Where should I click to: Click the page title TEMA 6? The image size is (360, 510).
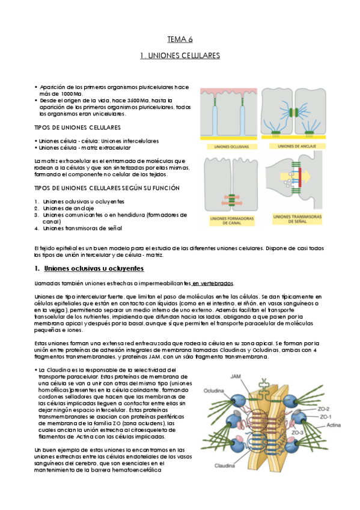pyautogui.click(x=180, y=39)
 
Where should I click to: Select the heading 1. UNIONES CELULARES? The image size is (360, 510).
pyautogui.click(x=180, y=55)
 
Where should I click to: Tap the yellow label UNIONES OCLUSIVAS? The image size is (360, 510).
pyautogui.click(x=231, y=147)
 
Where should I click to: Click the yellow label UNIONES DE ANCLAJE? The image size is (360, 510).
pyautogui.click(x=297, y=146)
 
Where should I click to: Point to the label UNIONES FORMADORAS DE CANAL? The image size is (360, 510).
pyautogui.click(x=231, y=221)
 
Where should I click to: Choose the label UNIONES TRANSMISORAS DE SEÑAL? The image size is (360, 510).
pyautogui.click(x=297, y=219)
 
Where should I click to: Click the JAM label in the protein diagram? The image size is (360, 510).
pyautogui.click(x=236, y=376)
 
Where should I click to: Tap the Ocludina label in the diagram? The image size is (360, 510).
pyautogui.click(x=213, y=391)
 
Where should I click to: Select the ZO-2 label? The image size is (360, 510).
pyautogui.click(x=323, y=409)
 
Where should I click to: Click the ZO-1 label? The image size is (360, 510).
pyautogui.click(x=326, y=417)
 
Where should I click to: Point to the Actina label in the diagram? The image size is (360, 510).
pyautogui.click(x=334, y=425)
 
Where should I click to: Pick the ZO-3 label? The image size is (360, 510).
pyautogui.click(x=297, y=432)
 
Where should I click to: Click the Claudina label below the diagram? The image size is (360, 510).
pyautogui.click(x=225, y=465)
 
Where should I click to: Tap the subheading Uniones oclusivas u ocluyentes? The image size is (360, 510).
pyautogui.click(x=94, y=268)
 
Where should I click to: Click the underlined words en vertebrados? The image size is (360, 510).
pyautogui.click(x=213, y=283)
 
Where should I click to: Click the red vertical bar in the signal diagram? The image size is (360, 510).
pyautogui.click(x=300, y=177)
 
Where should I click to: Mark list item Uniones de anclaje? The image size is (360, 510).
pyautogui.click(x=69, y=208)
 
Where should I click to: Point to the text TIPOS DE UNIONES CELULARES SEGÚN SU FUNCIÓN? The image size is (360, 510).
pyautogui.click(x=107, y=188)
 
